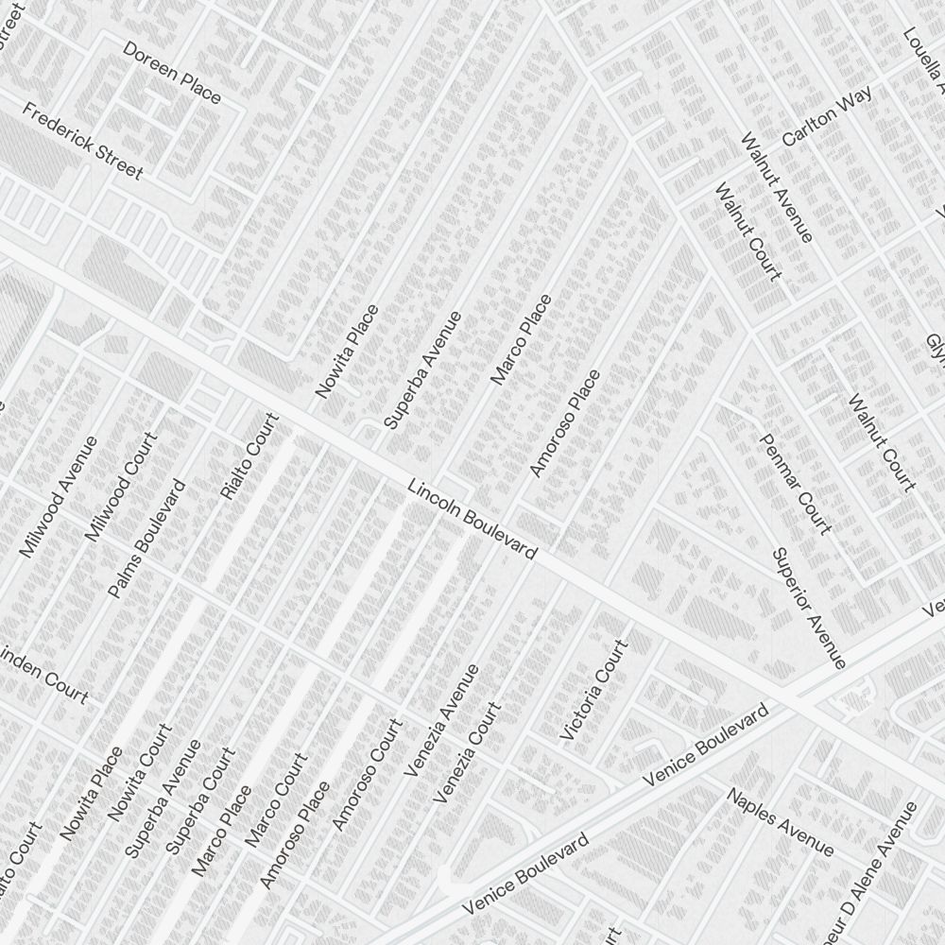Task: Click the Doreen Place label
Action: pos(172,72)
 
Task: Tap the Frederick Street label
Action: pos(83,141)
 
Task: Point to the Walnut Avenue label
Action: pos(777,187)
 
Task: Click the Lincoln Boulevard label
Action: pos(472,519)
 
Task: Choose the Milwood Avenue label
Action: pos(59,496)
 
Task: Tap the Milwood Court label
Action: pos(120,487)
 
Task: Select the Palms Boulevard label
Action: pos(146,539)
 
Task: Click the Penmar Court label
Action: pos(796,484)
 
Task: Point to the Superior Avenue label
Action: pos(808,608)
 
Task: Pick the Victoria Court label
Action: pos(594,689)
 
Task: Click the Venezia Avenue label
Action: pos(441,720)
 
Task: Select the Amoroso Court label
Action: pos(367,775)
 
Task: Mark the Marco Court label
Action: pos(276,799)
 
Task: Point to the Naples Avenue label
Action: pos(781,821)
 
